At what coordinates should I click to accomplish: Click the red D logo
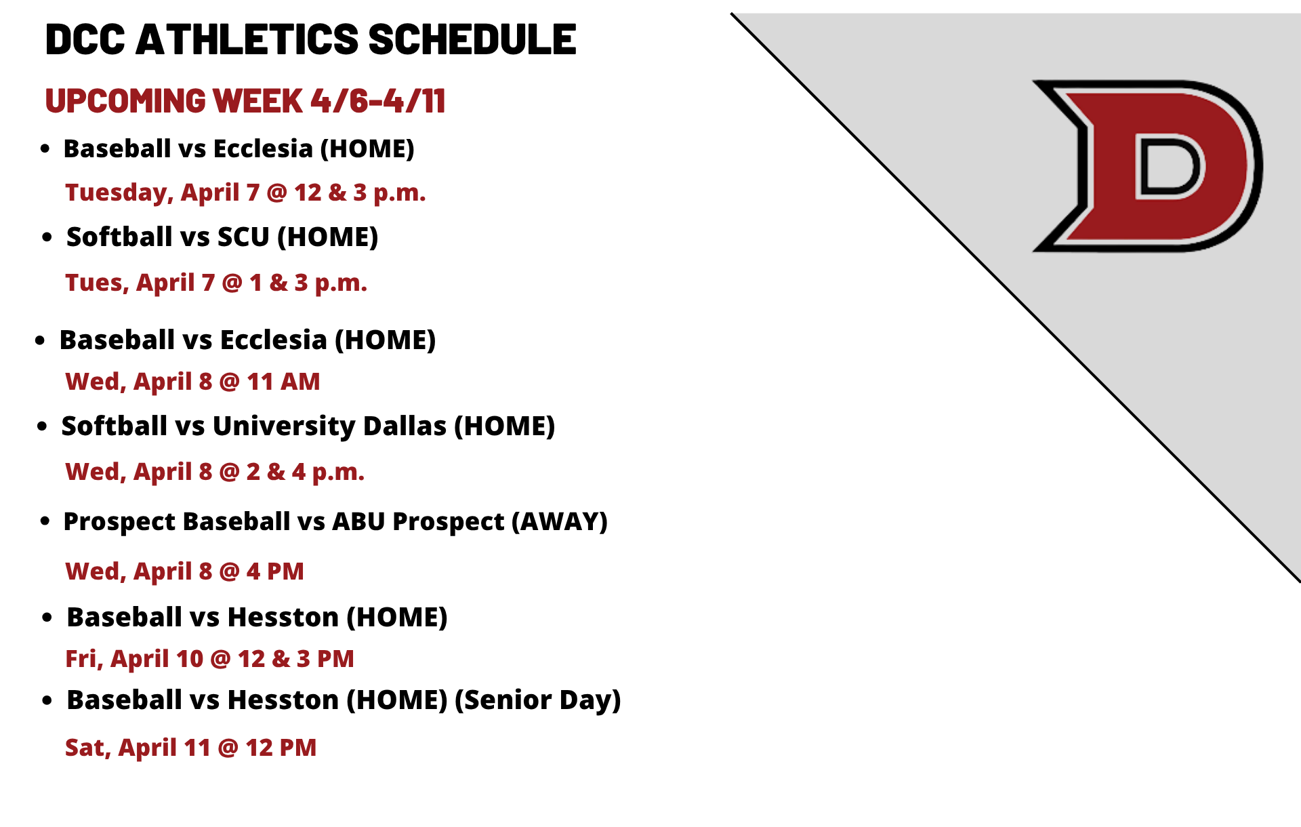pos(1147,166)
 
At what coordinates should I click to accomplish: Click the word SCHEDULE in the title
pos(472,39)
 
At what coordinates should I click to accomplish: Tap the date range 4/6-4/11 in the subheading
pos(378,101)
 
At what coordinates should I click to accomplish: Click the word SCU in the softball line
pos(243,237)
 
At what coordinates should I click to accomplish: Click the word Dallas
pos(405,426)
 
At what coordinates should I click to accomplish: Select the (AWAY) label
pos(560,521)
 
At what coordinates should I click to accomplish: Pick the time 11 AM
pos(283,382)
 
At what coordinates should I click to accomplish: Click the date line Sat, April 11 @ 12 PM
pos(190,748)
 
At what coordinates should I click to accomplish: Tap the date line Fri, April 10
pos(134,659)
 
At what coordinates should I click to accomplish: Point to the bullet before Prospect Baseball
pos(45,521)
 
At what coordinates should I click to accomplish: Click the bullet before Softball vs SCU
pos(47,237)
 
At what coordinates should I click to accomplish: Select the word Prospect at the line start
pos(120,521)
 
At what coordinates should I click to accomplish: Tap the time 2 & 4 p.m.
pos(306,472)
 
